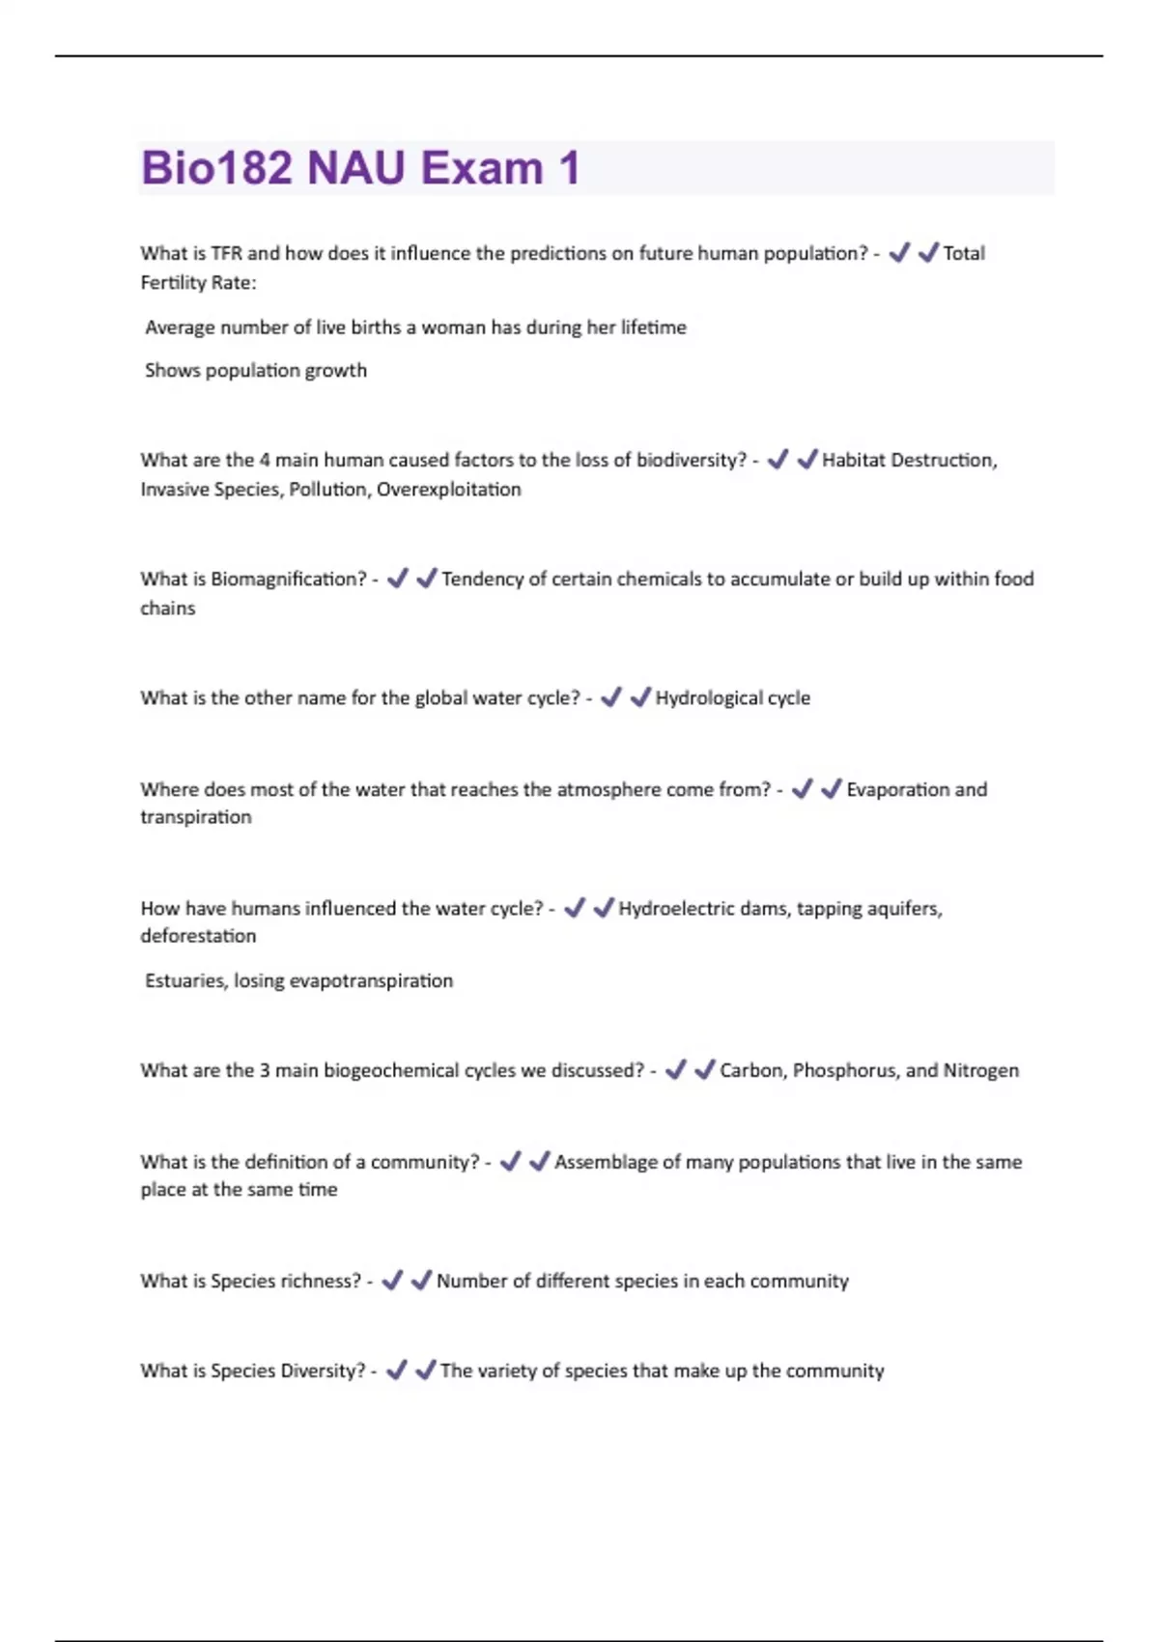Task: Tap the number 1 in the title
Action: [569, 168]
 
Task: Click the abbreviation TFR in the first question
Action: [226, 253]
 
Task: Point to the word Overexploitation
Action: [448, 489]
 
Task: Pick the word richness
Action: [320, 1281]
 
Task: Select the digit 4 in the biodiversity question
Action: [265, 460]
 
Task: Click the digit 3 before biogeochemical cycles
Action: [265, 1070]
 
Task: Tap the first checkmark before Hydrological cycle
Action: [610, 696]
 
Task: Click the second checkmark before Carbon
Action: [705, 1069]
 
